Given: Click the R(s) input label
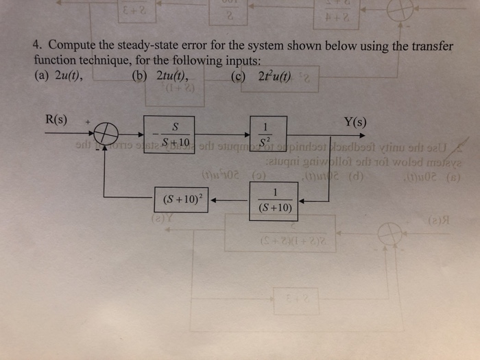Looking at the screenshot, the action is tap(56, 121).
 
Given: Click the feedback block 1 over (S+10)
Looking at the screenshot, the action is tap(274, 200).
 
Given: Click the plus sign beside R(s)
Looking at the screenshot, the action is tap(88, 121).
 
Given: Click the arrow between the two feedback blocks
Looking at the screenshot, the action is tap(229, 201).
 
